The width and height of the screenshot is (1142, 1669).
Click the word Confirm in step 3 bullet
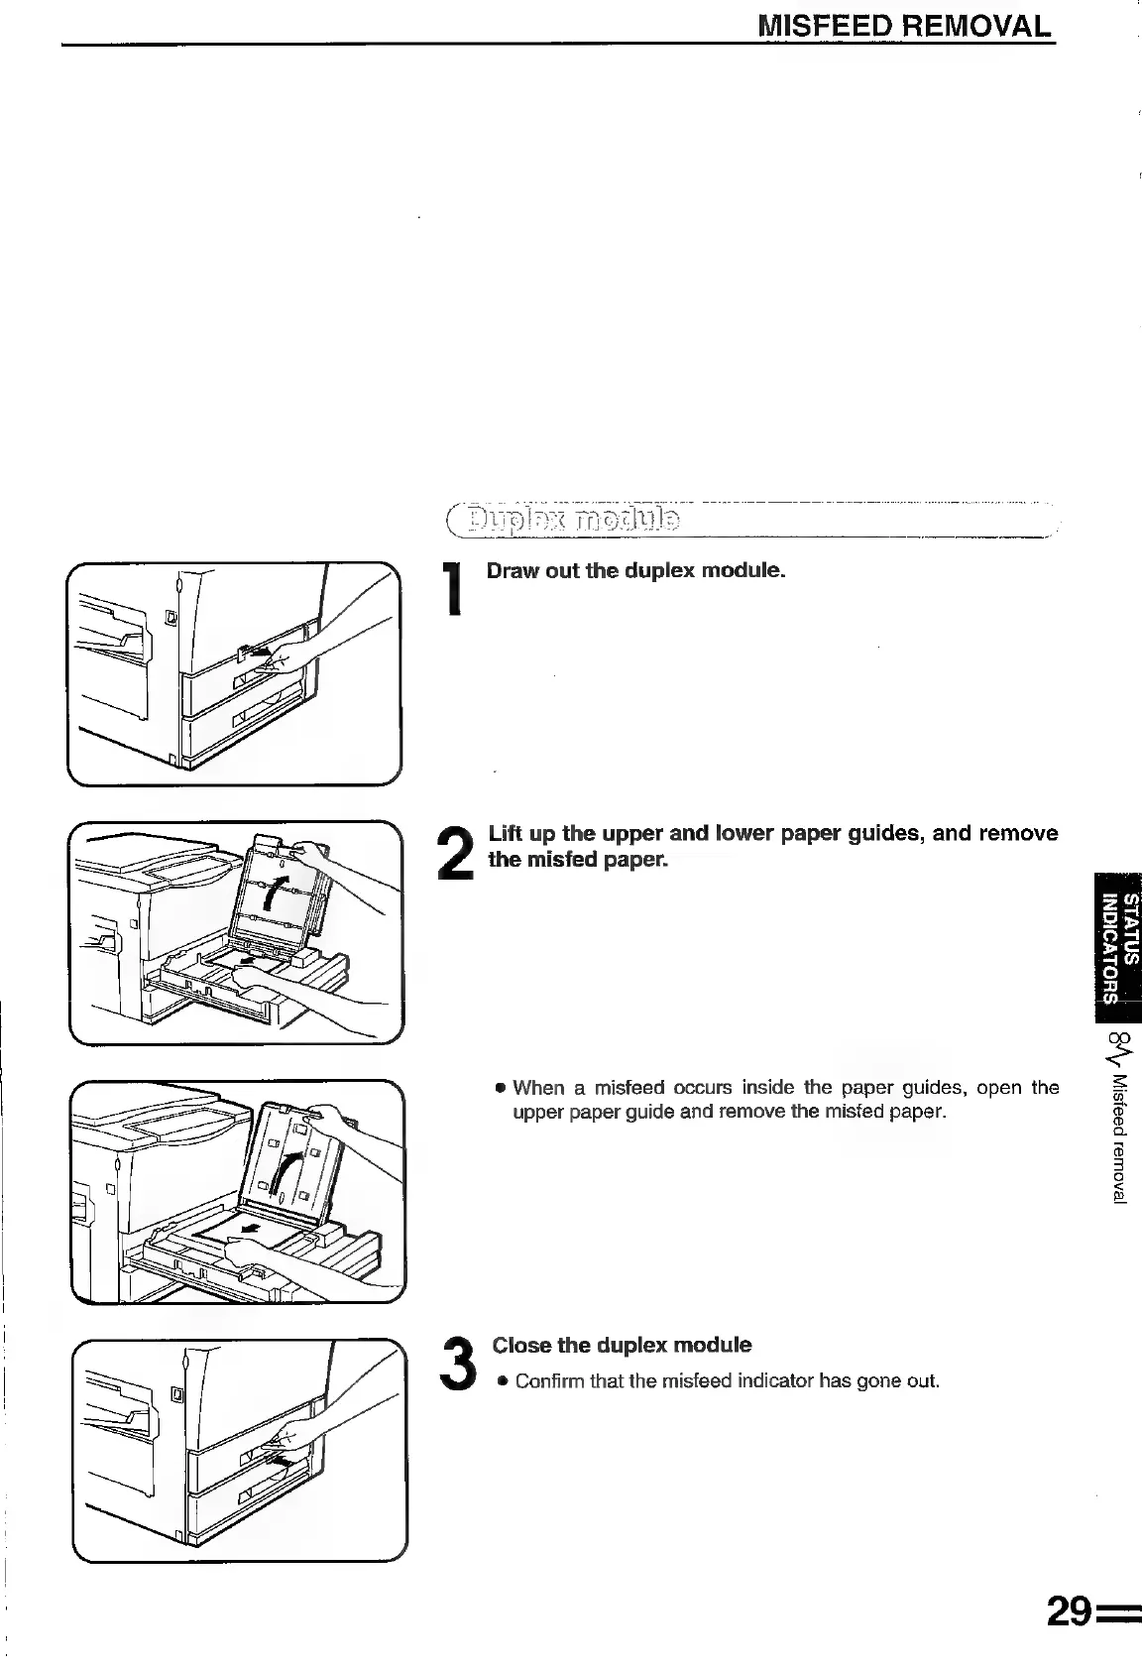point(549,1380)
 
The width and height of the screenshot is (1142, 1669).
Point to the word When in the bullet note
point(539,1087)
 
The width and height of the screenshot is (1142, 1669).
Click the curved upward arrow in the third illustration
point(286,1175)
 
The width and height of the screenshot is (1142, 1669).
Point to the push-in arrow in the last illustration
point(281,1461)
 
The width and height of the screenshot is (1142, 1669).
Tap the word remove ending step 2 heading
point(1018,833)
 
